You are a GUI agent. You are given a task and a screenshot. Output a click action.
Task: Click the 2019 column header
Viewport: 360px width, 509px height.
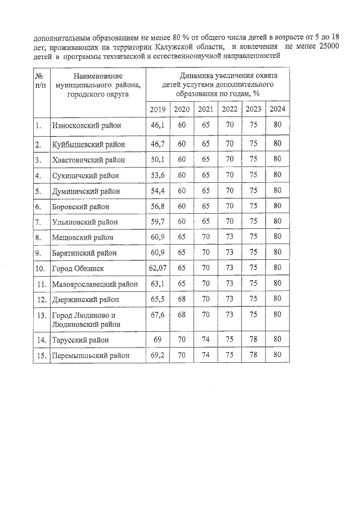157,109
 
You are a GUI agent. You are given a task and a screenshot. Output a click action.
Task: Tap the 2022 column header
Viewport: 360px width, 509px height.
229,109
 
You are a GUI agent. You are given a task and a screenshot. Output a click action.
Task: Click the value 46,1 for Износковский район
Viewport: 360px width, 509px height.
157,125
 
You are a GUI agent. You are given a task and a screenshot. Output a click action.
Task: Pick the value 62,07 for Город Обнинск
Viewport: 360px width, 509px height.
157,269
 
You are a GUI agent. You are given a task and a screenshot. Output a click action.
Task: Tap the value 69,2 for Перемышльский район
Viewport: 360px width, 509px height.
157,355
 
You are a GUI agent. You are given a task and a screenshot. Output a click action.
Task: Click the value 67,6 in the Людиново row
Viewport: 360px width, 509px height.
157,315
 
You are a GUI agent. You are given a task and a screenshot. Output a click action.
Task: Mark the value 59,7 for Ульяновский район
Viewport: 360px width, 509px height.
157,222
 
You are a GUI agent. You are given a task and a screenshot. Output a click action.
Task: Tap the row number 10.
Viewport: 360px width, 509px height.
40,269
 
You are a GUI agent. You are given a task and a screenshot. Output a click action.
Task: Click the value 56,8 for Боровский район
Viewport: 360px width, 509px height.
157,206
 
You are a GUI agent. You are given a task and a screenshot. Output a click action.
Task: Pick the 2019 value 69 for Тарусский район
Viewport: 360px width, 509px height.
157,340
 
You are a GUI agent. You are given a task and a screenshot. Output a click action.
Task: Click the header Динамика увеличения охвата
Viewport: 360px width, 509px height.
220,75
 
